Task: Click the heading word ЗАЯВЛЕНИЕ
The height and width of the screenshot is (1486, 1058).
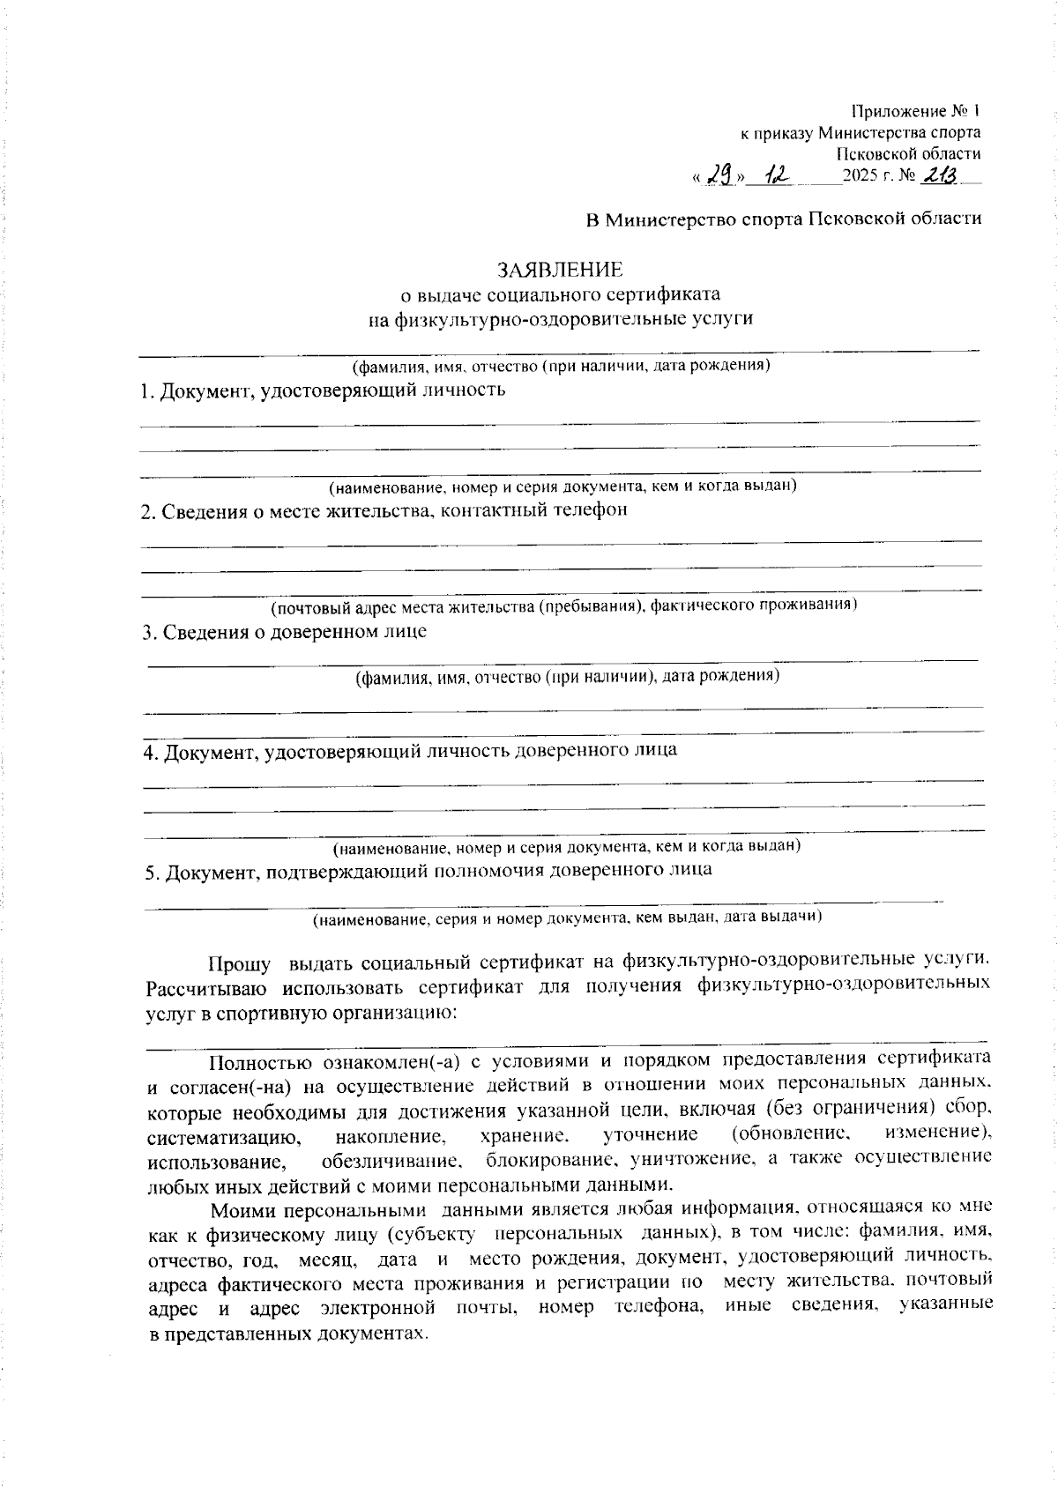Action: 561,269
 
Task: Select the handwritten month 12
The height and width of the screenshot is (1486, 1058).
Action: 778,176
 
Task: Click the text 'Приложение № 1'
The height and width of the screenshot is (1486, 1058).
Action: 915,112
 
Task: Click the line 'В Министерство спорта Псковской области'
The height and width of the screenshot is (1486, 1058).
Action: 784,219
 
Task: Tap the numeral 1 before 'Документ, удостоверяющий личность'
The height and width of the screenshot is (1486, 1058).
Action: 146,391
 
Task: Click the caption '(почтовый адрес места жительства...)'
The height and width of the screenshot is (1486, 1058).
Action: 563,606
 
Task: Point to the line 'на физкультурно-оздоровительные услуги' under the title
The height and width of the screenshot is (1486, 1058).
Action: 561,318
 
